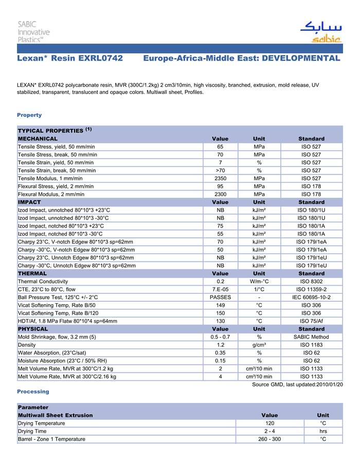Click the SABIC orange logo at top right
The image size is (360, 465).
[321, 32]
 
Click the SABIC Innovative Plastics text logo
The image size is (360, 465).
[34, 32]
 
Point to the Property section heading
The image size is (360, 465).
[29, 115]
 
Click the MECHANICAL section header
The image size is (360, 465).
[38, 139]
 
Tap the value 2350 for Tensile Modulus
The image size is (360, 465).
[220, 178]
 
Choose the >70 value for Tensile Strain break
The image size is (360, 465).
[220, 171]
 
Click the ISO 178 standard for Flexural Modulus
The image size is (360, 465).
[311, 194]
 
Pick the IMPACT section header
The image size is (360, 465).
[29, 202]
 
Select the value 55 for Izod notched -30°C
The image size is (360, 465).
[220, 234]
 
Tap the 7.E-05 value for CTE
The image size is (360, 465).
[220, 289]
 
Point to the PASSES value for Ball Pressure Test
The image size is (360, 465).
[220, 297]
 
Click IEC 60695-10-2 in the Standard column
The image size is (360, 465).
[311, 297]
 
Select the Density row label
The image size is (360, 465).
[27, 345]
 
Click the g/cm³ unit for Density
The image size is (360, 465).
[259, 345]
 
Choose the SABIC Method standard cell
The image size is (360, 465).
[311, 337]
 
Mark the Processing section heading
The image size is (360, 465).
[33, 392]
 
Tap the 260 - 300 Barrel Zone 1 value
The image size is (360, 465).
[269, 439]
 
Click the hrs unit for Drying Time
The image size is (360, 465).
[323, 431]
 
